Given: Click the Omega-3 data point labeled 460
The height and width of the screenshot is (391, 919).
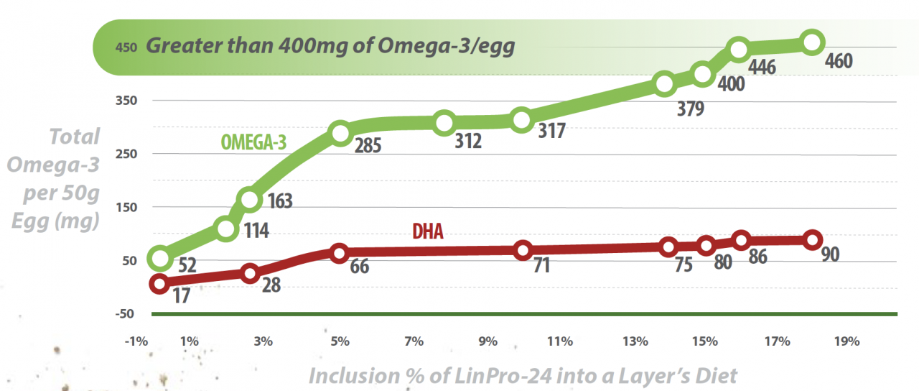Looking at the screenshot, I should [x=811, y=42].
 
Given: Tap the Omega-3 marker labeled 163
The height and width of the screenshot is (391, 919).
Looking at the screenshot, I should [x=249, y=200].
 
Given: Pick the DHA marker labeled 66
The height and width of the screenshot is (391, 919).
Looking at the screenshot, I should [x=340, y=252].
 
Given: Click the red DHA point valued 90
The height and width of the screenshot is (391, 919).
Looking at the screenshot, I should [x=812, y=240].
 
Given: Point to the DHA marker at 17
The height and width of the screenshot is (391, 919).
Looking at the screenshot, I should [x=159, y=284].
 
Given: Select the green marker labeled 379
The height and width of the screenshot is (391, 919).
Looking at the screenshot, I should [x=664, y=84].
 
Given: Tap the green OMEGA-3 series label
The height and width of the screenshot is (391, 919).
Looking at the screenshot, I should [x=253, y=142].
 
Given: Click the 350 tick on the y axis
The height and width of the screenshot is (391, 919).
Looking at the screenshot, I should [x=127, y=101].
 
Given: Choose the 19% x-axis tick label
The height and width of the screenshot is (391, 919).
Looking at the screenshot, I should [x=848, y=341].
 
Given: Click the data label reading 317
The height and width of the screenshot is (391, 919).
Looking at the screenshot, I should [x=552, y=131].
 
